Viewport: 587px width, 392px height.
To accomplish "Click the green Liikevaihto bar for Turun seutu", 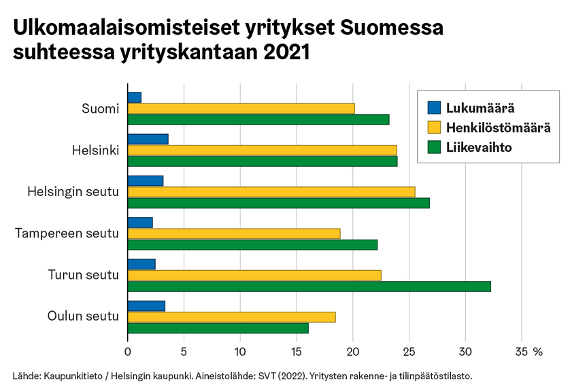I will click(309, 287).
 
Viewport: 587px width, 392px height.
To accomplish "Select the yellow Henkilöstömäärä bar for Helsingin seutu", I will click(271, 192).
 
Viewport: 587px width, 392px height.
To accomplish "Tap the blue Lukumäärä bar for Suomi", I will click(134, 97).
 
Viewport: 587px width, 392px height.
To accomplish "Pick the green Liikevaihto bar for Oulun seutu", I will click(218, 328).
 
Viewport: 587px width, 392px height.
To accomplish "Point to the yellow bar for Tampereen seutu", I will click(233, 233).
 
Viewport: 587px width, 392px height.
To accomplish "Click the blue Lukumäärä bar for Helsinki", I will click(148, 140).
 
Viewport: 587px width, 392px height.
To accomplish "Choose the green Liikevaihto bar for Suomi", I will click(258, 120).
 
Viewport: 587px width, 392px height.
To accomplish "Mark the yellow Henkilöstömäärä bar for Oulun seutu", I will click(231, 317).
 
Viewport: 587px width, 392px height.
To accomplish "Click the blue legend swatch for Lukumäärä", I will click(434, 108).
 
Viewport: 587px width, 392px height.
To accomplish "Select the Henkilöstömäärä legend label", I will click(498, 127).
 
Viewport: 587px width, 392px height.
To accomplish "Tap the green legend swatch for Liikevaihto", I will click(434, 147).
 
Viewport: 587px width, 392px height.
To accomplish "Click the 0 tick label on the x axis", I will click(128, 352).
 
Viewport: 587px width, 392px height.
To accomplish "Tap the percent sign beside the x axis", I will click(538, 352).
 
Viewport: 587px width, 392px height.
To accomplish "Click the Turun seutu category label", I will click(83, 275).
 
